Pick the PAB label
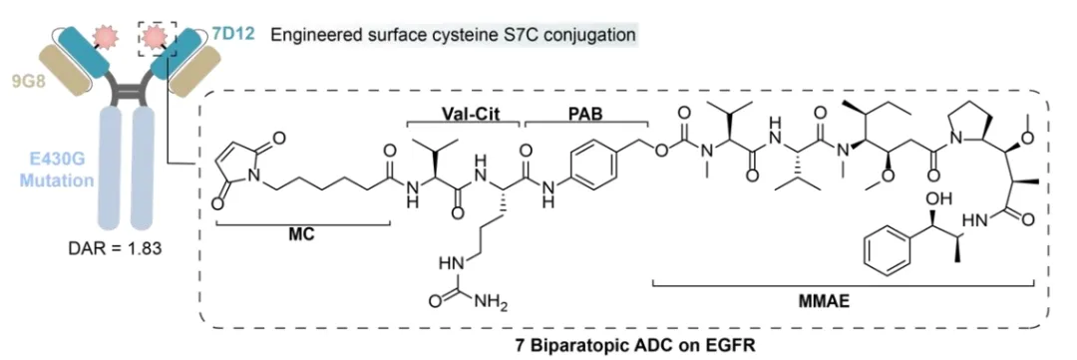(586, 113)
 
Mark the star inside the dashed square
(158, 32)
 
